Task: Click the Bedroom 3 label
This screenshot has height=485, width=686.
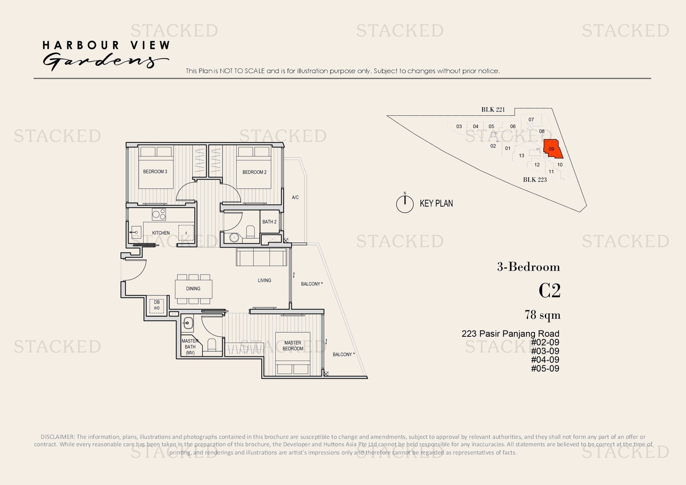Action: tap(155, 172)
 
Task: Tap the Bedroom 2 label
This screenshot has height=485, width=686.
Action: tap(254, 172)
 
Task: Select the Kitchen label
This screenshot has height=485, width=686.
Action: tap(161, 233)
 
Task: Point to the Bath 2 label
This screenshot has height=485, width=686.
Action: tap(269, 222)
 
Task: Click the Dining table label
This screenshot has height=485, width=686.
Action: tap(193, 289)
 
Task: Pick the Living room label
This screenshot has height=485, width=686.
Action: tap(264, 280)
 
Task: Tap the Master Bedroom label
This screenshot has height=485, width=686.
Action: tap(293, 345)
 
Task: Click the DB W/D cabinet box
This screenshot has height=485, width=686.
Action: tap(157, 305)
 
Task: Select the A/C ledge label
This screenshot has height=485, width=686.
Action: tap(295, 198)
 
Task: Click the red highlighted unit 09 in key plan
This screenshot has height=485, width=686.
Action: tap(552, 149)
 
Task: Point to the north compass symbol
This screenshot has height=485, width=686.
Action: tap(405, 204)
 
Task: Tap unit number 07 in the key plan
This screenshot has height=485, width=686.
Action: tap(531, 120)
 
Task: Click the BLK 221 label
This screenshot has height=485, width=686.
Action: tap(493, 110)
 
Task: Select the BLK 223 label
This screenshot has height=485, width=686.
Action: tap(535, 180)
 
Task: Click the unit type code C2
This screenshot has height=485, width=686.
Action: tap(550, 291)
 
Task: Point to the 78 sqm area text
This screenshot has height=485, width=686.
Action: tap(542, 315)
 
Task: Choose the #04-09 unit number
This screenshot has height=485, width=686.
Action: tap(545, 359)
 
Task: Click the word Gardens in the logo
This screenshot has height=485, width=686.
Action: tap(106, 61)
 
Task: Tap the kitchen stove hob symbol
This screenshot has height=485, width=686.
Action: tap(159, 214)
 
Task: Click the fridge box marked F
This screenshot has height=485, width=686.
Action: tap(186, 233)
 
